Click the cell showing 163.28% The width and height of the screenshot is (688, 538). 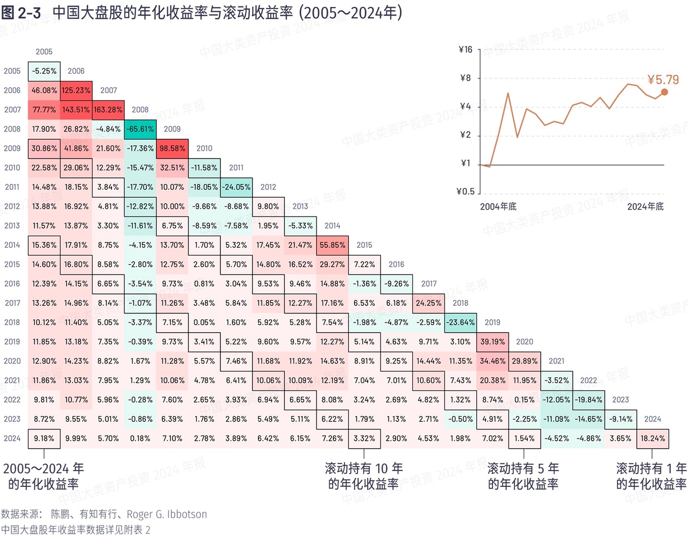pyautogui.click(x=108, y=110)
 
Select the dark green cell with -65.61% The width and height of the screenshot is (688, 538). pyautogui.click(x=140, y=129)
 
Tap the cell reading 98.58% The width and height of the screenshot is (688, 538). pyautogui.click(x=173, y=148)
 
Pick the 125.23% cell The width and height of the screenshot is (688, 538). pyautogui.click(x=76, y=90)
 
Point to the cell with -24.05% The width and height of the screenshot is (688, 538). pyautogui.click(x=236, y=187)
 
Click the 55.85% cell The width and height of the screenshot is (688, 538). pyautogui.click(x=332, y=245)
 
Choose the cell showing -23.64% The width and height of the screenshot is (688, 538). pyautogui.click(x=461, y=322)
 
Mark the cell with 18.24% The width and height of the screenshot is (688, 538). pyautogui.click(x=653, y=439)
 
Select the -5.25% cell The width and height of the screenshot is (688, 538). pyautogui.click(x=44, y=71)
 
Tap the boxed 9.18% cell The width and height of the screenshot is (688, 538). pyautogui.click(x=44, y=439)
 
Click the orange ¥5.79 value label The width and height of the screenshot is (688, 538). pyautogui.click(x=663, y=80)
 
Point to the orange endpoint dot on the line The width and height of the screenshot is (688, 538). pyautogui.click(x=664, y=92)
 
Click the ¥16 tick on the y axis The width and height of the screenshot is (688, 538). pyautogui.click(x=465, y=49)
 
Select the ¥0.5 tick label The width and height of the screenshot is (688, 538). pyautogui.click(x=465, y=191)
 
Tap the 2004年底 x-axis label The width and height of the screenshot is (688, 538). pyautogui.click(x=498, y=206)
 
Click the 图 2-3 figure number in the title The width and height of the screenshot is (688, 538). pyautogui.click(x=21, y=13)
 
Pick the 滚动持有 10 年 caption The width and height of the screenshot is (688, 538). pyautogui.click(x=364, y=469)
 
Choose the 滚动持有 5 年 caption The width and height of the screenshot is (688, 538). pyautogui.click(x=523, y=469)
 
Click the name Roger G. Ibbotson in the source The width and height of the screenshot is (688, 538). pyautogui.click(x=167, y=514)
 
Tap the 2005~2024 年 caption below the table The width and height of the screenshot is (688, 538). pyautogui.click(x=44, y=469)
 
